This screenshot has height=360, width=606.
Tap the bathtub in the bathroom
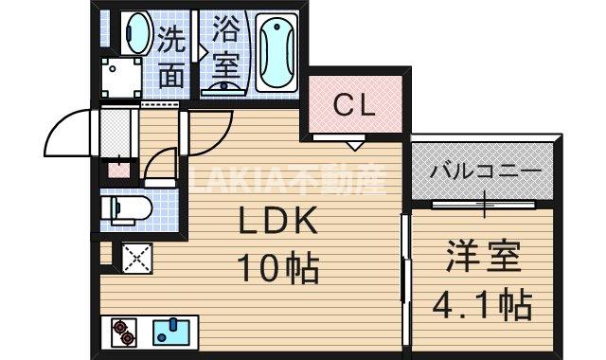click(275, 52)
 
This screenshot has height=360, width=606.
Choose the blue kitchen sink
click(171, 332)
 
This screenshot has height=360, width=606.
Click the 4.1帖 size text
click(481, 305)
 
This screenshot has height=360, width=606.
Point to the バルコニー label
click(485, 172)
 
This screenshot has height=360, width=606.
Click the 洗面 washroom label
click(170, 56)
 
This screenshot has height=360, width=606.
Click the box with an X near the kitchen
click(134, 257)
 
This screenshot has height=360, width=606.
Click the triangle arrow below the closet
click(354, 145)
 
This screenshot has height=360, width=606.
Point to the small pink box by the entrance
click(117, 171)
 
